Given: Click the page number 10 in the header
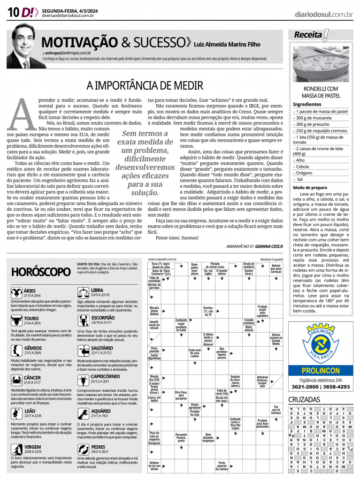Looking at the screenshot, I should coord(13,13).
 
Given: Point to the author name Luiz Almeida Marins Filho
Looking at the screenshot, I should coord(227,45).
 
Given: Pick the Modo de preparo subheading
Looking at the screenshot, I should coord(310,187).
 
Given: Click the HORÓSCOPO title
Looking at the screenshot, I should coord(40,272).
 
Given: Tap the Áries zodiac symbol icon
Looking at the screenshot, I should coord(15,292).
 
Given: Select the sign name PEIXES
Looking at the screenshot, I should coord(99,447).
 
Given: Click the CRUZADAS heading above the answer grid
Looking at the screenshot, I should coord(304,400).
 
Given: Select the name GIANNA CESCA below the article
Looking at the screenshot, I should coord(269,246).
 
